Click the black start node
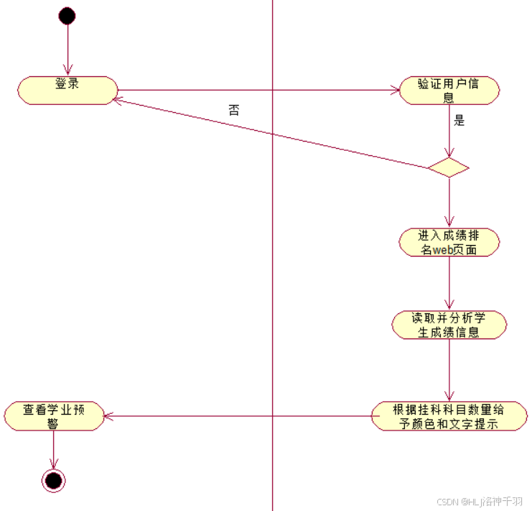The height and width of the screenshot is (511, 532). (67, 16)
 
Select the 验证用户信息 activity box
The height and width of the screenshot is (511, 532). (449, 91)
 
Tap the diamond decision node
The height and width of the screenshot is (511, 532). (449, 168)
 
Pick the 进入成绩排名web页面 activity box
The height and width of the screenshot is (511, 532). (449, 242)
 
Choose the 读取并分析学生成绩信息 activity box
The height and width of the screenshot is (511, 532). (449, 325)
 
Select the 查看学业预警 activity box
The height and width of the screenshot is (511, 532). (54, 416)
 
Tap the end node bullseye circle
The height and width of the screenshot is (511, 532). (54, 479)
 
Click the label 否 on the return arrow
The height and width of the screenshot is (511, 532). (234, 110)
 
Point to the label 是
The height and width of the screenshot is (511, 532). (459, 121)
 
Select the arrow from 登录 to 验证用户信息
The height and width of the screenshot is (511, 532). (258, 91)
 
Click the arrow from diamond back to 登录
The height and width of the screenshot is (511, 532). (273, 134)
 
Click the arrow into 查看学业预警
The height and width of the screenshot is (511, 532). (237, 416)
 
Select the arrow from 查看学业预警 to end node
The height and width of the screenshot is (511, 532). (54, 449)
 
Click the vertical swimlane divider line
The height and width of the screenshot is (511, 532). (273, 287)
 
